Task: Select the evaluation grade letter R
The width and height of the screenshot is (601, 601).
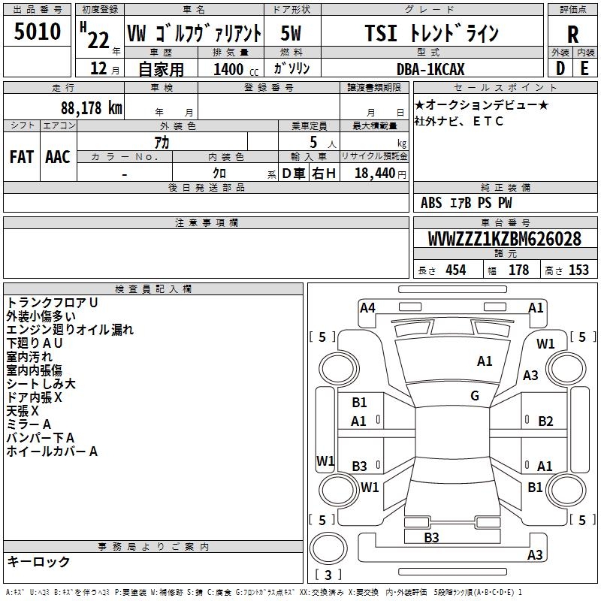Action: click(x=572, y=33)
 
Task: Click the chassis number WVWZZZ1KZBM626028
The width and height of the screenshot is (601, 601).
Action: click(x=504, y=239)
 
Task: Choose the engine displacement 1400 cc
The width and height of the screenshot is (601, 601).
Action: click(x=231, y=69)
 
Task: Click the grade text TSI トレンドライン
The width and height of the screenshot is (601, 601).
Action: click(x=431, y=32)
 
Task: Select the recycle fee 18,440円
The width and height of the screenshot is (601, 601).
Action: click(x=376, y=173)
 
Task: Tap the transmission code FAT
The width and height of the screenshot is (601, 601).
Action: click(x=21, y=156)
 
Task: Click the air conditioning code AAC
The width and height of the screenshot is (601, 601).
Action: click(x=58, y=156)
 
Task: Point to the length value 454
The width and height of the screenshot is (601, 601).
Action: click(x=455, y=270)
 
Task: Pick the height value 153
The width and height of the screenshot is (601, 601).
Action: click(x=578, y=270)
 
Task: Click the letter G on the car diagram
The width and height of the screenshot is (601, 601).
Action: click(x=475, y=395)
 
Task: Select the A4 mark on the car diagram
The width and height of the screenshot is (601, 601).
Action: click(x=367, y=307)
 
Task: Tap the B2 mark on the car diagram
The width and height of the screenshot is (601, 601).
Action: click(x=545, y=421)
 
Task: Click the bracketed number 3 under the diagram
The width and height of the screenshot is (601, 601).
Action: click(x=328, y=575)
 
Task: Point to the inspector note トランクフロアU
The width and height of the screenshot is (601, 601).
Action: click(x=53, y=302)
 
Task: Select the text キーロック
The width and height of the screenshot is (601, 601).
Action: click(x=38, y=561)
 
